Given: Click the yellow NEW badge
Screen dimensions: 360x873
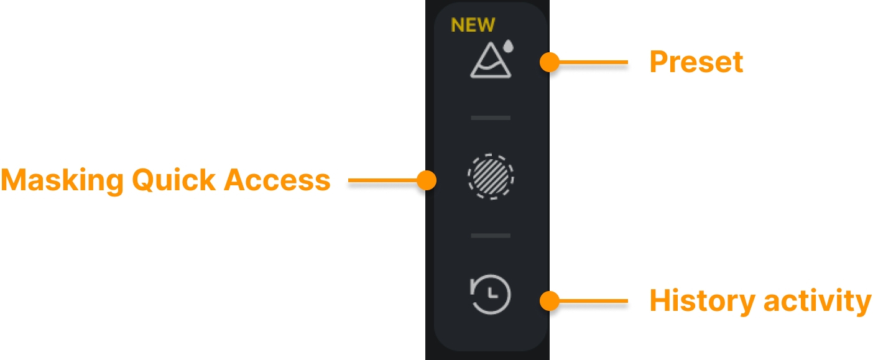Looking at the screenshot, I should click(x=473, y=25).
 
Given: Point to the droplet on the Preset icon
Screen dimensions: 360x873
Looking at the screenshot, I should click(x=509, y=45).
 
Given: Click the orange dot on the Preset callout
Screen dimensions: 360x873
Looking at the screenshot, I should click(x=549, y=62).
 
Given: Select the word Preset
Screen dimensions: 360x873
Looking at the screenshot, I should click(x=696, y=62).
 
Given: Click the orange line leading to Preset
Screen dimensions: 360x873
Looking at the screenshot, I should click(x=594, y=62).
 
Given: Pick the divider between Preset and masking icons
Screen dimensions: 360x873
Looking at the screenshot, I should click(x=491, y=118).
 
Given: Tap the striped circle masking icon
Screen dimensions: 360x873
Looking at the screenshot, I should click(x=491, y=177).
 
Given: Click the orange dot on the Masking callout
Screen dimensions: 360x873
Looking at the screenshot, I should click(x=427, y=181).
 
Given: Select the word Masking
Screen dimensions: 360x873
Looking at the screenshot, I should click(x=61, y=180).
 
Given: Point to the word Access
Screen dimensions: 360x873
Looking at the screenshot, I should click(x=277, y=180).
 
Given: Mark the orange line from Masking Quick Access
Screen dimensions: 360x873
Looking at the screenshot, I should click(x=382, y=181).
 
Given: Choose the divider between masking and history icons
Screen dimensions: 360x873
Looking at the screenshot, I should click(x=491, y=236).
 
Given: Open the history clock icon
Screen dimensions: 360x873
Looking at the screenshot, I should click(x=491, y=294).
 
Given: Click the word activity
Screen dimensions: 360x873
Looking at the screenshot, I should click(x=817, y=302).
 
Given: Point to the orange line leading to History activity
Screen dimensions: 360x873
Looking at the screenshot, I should click(x=594, y=302).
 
